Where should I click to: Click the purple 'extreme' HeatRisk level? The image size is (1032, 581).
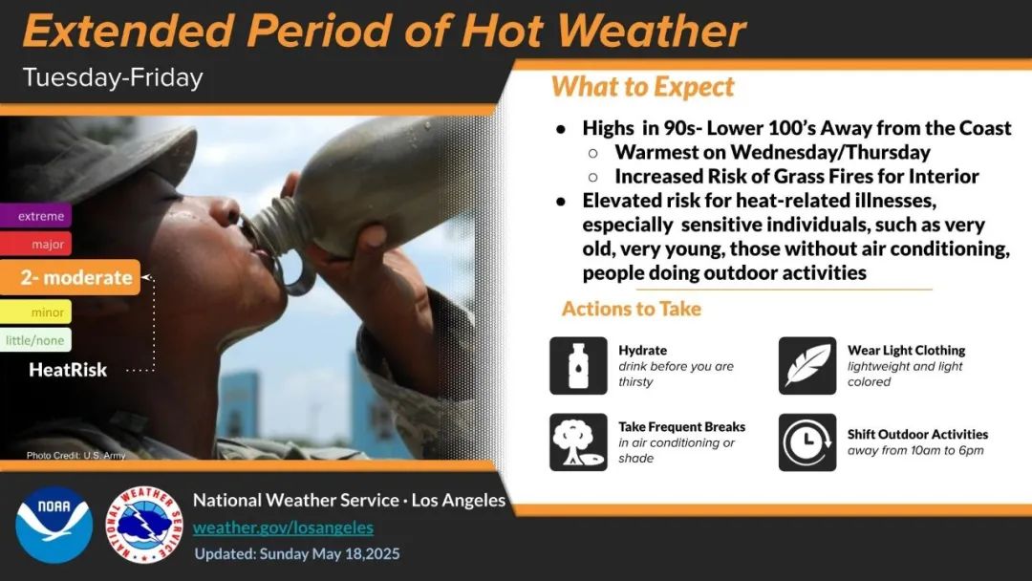point(35,215)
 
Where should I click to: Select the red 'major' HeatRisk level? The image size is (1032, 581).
point(35,244)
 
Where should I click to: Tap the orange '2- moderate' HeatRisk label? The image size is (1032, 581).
point(70,277)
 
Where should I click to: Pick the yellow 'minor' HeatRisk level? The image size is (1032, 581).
point(35,312)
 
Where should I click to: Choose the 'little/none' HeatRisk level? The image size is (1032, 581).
point(35,340)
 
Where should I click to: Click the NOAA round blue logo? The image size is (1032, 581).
point(54,525)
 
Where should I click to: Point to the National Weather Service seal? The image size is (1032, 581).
point(145,525)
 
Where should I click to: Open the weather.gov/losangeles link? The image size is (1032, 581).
point(283,527)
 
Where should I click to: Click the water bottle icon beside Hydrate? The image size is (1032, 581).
point(578,366)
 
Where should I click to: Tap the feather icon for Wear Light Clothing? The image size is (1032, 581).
point(807,366)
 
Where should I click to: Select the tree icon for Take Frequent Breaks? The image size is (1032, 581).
point(578,442)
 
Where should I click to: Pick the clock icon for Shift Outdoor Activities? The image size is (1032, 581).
point(807,442)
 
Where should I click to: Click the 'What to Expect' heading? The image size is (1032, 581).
point(642,87)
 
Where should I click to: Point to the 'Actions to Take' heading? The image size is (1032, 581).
point(632,309)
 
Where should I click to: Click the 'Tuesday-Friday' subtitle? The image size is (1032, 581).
point(113,77)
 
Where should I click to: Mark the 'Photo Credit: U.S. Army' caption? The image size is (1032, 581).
point(75,455)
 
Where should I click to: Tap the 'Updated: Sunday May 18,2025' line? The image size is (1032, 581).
point(297,554)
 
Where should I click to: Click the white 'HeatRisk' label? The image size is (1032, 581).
point(68,370)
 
